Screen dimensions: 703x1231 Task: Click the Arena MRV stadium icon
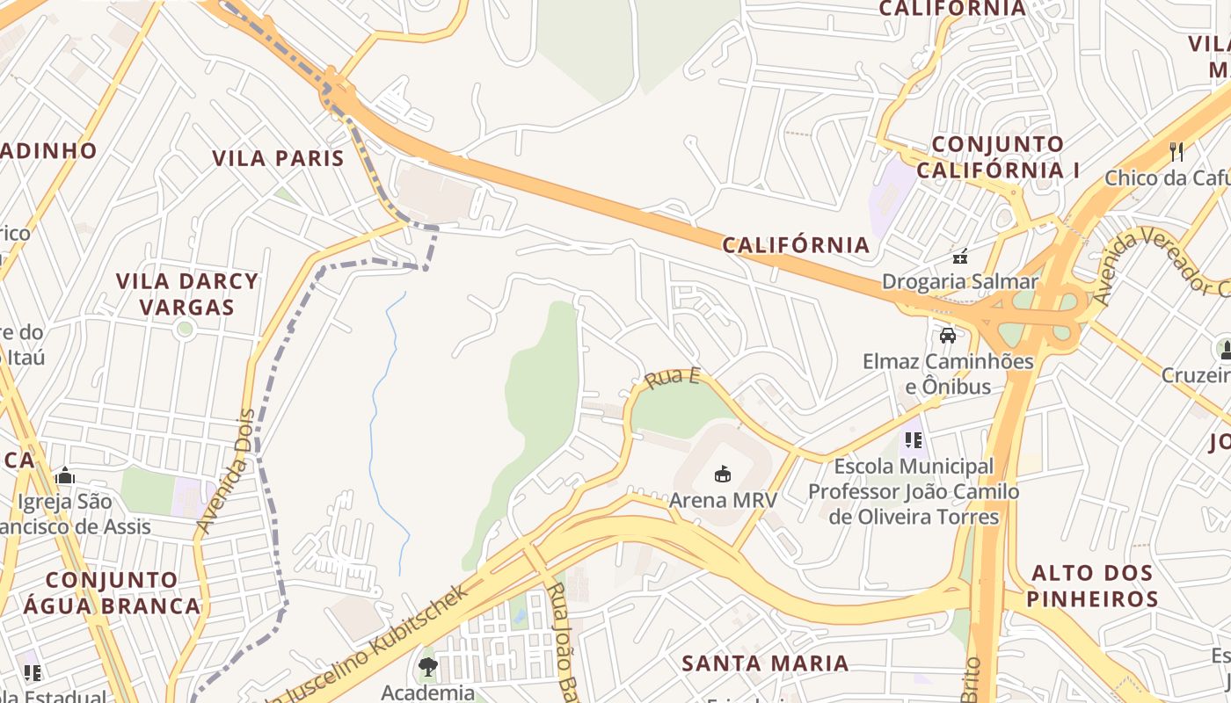(x=723, y=475)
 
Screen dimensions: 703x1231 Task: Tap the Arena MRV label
(x=723, y=500)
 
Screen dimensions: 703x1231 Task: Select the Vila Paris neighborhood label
(x=278, y=158)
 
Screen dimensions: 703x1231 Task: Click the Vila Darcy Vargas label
(x=187, y=294)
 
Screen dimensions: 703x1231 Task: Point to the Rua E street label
(x=673, y=379)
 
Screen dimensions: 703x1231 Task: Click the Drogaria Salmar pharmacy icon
(x=960, y=257)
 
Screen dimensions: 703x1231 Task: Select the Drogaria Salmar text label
(x=959, y=282)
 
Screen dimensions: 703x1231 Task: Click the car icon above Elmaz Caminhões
(x=948, y=335)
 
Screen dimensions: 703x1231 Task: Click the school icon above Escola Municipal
(x=913, y=439)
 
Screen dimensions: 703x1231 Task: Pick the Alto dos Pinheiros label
(x=1092, y=586)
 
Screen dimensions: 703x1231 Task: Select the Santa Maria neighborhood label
(x=766, y=663)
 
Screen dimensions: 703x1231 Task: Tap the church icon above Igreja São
(x=64, y=476)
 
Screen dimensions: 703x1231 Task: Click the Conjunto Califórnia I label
(x=998, y=157)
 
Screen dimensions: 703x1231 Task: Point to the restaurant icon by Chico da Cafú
(x=1177, y=151)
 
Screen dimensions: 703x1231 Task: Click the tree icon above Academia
(x=428, y=666)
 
